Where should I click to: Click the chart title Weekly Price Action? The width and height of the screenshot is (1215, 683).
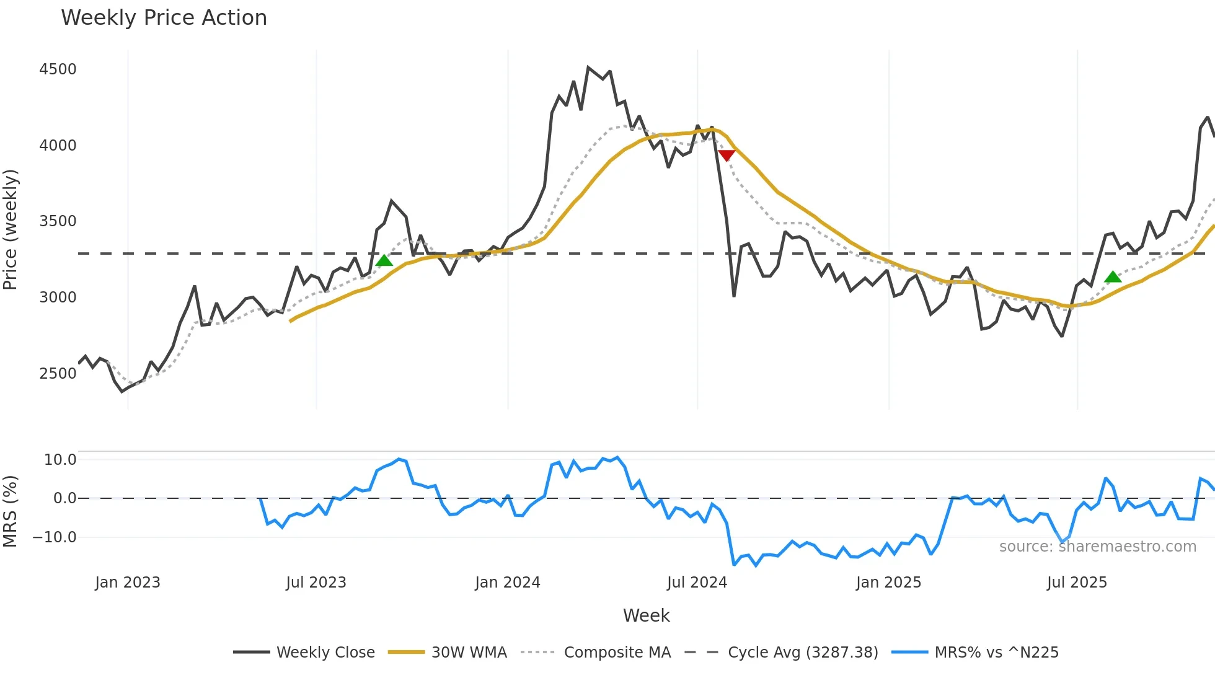tap(164, 18)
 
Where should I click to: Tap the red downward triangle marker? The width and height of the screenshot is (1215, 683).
tap(726, 155)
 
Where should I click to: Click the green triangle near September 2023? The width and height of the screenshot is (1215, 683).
tap(384, 260)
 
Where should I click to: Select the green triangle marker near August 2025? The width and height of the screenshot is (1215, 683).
tap(1113, 276)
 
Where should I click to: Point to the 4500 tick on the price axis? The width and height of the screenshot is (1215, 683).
tap(58, 69)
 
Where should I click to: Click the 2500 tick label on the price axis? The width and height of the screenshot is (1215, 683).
tap(58, 373)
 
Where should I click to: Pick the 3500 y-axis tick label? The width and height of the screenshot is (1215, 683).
tap(58, 221)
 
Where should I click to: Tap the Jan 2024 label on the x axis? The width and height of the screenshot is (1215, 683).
tap(508, 583)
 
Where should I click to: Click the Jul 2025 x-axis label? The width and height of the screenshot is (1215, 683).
tap(1077, 583)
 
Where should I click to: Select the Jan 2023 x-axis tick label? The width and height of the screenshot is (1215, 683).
tap(128, 583)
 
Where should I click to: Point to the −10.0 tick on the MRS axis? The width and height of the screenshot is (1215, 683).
tap(55, 537)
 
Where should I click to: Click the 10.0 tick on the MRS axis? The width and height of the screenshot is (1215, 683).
tap(60, 460)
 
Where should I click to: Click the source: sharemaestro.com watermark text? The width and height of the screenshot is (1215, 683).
tap(1097, 547)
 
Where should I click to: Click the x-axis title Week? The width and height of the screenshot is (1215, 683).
tap(646, 615)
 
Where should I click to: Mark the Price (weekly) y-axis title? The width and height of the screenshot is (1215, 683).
tap(11, 229)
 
